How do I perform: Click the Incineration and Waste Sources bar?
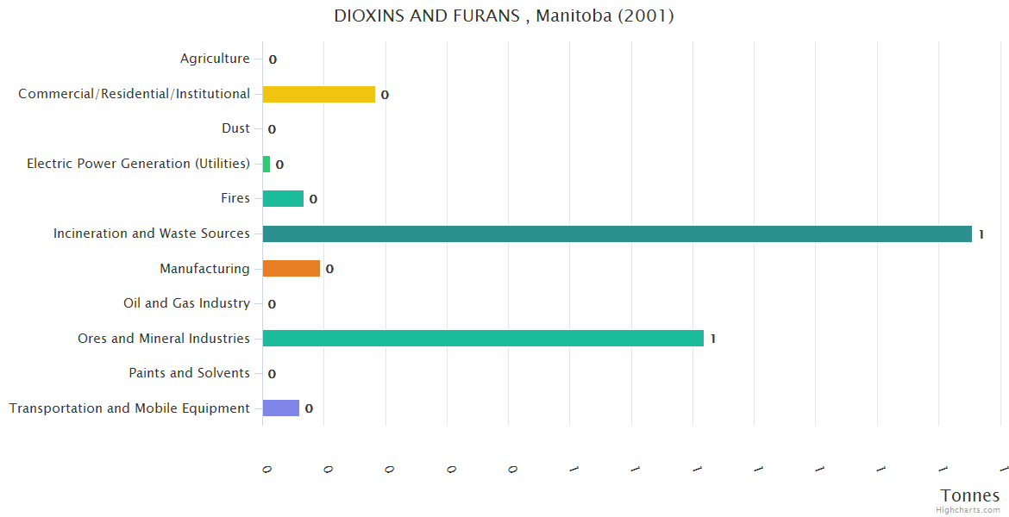(617, 234)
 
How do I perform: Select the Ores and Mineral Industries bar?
(483, 339)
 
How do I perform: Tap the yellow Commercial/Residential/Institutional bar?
(318, 94)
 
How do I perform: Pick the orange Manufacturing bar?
(291, 269)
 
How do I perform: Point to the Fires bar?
(283, 199)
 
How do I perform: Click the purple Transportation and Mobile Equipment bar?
(280, 408)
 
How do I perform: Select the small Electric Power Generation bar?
(266, 164)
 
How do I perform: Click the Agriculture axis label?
(215, 59)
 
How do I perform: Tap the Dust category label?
(235, 128)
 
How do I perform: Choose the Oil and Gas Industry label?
(186, 303)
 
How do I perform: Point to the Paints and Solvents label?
(189, 373)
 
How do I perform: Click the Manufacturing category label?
(204, 269)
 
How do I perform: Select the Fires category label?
(235, 198)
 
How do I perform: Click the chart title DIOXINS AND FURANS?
(504, 16)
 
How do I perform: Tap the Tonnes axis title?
(969, 495)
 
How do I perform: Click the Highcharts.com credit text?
(968, 510)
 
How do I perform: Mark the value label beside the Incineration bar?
(981, 234)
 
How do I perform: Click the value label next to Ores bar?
(712, 339)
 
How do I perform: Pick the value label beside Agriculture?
(273, 60)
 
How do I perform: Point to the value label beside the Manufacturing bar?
(329, 270)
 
